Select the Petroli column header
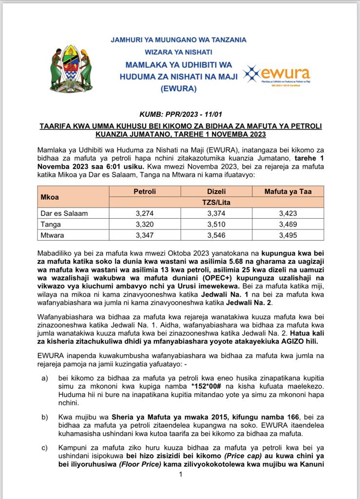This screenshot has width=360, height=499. coord(145,192)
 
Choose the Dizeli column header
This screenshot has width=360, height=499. coord(216,192)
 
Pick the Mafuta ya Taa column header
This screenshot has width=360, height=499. coord(288,192)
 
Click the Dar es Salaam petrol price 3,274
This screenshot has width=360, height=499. coord(145,213)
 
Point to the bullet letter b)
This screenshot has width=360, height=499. coord(44,418)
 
